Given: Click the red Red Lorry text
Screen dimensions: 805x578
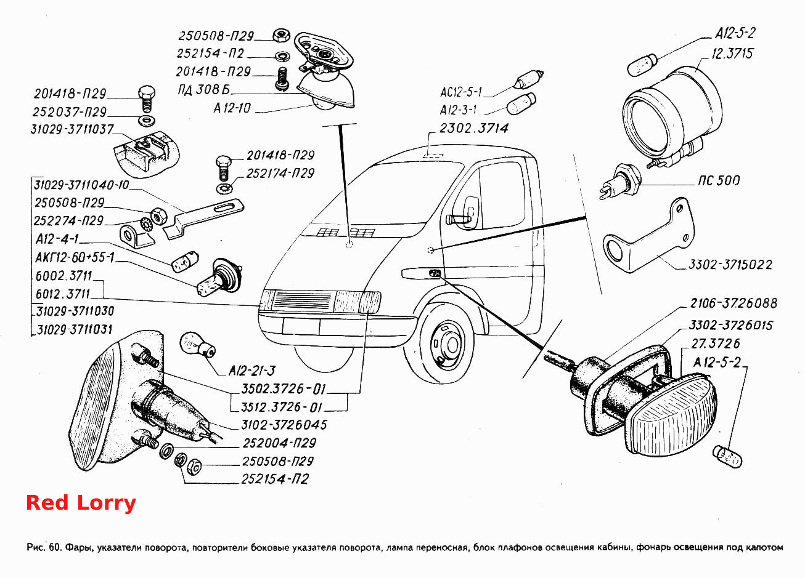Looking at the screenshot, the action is click(x=81, y=503).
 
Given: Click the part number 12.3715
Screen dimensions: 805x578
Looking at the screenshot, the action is click(x=732, y=54).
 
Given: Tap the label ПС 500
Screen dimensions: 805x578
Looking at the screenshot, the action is click(x=719, y=180).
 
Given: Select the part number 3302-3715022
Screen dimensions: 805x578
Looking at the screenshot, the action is click(x=730, y=265).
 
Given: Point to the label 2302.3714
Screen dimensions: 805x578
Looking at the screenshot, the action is click(x=474, y=128).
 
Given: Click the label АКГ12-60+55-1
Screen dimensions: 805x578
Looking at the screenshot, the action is click(x=75, y=257).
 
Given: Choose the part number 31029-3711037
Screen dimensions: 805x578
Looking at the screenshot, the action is click(x=72, y=129).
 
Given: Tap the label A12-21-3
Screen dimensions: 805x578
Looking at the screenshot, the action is click(x=252, y=371).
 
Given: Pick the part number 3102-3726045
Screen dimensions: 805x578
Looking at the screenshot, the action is click(x=284, y=425).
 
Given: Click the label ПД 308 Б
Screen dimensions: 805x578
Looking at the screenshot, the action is click(x=204, y=89).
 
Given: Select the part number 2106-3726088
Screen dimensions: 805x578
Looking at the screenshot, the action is click(x=733, y=303).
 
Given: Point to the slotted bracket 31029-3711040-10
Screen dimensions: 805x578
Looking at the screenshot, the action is click(x=203, y=218).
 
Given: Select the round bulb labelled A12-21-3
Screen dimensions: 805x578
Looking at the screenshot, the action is click(x=197, y=345).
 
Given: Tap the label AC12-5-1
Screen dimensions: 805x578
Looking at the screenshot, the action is click(x=460, y=92).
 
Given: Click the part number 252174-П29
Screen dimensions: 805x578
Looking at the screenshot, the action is click(x=280, y=174).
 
